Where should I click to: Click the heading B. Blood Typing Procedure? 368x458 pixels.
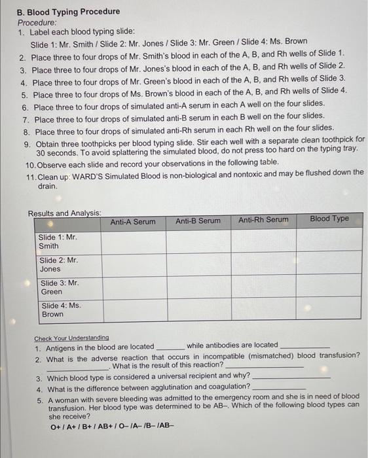click(68, 11)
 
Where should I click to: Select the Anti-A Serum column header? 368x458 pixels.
click(133, 222)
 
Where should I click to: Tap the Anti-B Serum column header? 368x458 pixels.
click(198, 221)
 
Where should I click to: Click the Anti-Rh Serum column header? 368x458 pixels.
click(263, 220)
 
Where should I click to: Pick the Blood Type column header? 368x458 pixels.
click(329, 219)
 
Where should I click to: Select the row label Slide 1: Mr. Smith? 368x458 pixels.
click(58, 241)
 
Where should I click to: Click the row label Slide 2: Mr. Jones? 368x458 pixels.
click(58, 264)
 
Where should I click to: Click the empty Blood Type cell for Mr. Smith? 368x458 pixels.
click(329, 239)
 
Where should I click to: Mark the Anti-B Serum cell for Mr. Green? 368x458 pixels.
click(198, 287)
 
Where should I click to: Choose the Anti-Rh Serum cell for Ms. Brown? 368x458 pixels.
click(263, 308)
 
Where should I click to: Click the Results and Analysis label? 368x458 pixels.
click(64, 213)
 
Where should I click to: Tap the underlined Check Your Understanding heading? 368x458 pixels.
click(71, 338)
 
